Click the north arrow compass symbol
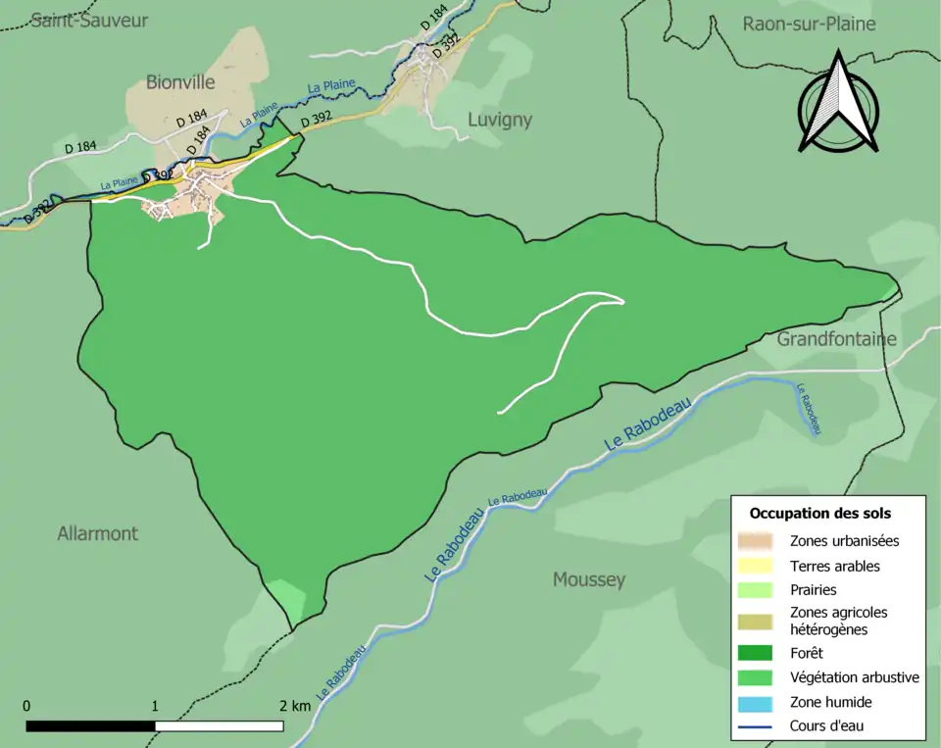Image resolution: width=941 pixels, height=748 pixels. coord(837,103)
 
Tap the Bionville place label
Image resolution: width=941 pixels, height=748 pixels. coord(179,82)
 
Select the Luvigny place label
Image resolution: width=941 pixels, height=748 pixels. coord(499,120)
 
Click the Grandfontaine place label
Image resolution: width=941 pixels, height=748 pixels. coord(836,339)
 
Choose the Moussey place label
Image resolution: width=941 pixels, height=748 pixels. coord(588,579)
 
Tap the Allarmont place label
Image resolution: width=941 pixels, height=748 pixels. coord(97,533)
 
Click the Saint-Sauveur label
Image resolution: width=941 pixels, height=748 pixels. coord(89,20)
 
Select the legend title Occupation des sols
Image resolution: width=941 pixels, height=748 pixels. coord(819,513)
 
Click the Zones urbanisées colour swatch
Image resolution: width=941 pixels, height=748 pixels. coord(755,540)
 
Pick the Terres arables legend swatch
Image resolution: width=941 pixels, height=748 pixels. coord(755,566)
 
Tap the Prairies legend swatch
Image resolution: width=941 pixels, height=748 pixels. coord(755,590)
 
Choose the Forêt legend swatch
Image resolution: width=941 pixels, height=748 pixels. coord(755,652)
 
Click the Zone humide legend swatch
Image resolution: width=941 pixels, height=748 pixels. coord(755,702)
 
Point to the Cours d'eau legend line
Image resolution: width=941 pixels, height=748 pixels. coord(755,726)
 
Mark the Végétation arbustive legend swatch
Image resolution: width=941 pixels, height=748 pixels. coord(755,676)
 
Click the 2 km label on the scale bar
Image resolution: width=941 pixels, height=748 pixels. coord(294,706)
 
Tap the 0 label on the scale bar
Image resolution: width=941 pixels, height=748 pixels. coord(26,706)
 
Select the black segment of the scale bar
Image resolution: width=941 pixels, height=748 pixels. coord(90,726)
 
